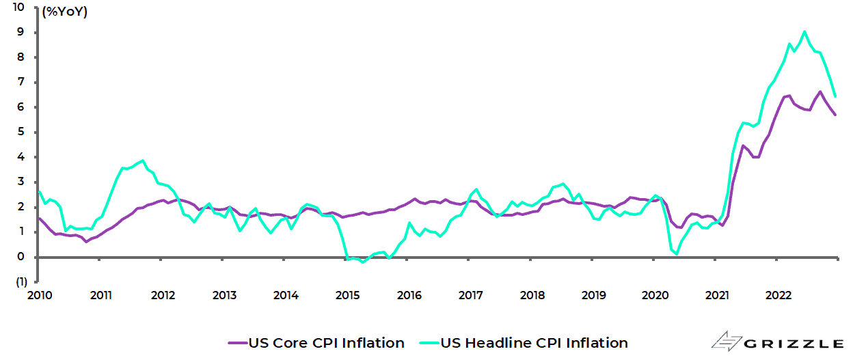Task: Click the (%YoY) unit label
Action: (64, 12)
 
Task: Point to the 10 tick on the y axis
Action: (18, 8)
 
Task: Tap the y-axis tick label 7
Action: (21, 82)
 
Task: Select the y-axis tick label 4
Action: (21, 157)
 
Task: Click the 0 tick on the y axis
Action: (21, 257)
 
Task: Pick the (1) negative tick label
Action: (21, 281)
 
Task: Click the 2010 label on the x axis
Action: (39, 295)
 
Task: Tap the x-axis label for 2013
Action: (224, 295)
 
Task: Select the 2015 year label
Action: (347, 295)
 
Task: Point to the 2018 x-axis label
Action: (532, 295)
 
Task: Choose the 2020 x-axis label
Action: (655, 295)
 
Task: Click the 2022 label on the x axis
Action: (778, 295)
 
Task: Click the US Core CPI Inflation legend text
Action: (326, 343)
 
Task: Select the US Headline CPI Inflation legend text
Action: (534, 343)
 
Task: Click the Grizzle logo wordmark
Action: (793, 342)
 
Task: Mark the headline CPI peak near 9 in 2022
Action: (804, 31)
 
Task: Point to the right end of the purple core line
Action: (835, 115)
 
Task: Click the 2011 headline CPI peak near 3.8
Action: (142, 161)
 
